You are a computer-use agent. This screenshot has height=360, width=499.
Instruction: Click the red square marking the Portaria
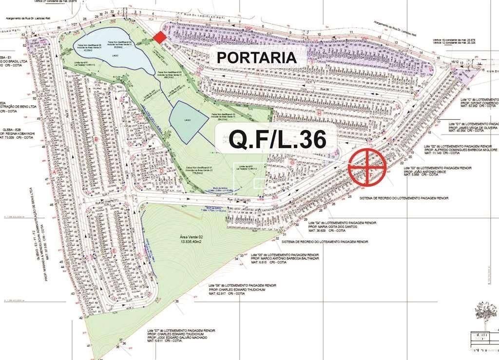pyautogui.click(x=159, y=37)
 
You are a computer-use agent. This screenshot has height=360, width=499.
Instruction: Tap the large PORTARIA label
pyautogui.click(x=256, y=57)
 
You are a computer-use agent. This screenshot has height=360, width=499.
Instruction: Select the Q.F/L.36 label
pyautogui.click(x=277, y=140)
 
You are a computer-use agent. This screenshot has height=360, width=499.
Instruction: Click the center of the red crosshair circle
pyautogui.click(x=367, y=167)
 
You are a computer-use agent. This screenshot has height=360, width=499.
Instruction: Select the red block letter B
pyautogui.click(x=96, y=140)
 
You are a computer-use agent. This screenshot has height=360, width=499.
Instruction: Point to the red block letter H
pyautogui.click(x=319, y=113)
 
